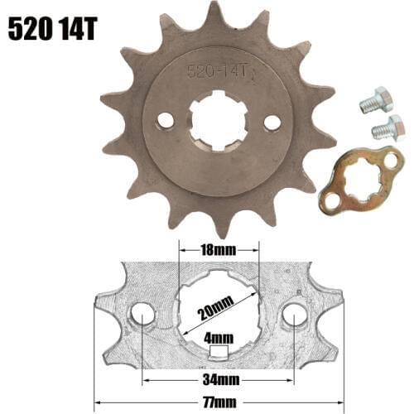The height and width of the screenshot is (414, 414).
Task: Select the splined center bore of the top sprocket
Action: pos(219,123)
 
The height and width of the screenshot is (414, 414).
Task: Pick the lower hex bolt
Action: pos(387,128)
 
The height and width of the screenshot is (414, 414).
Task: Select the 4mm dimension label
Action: pos(218,338)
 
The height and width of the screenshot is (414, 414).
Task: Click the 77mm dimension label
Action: pos(218,398)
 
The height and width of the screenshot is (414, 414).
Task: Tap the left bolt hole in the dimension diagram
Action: pos(143,315)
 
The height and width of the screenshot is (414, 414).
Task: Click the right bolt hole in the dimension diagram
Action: pos(294,315)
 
